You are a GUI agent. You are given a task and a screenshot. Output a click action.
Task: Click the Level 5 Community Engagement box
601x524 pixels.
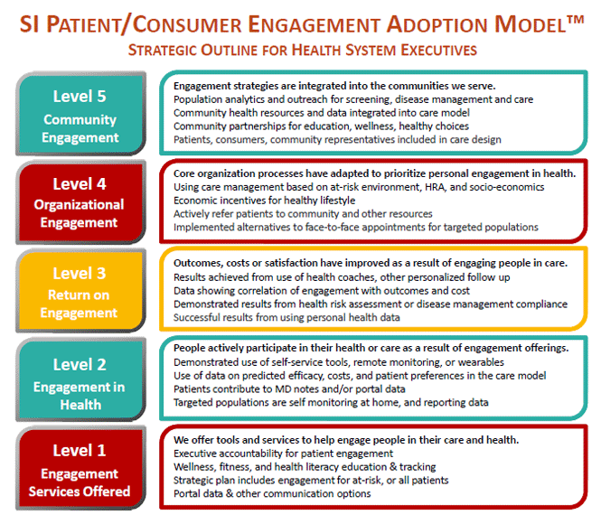[x=80, y=113]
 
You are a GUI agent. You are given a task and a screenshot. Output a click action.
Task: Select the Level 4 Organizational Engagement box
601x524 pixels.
[x=80, y=202]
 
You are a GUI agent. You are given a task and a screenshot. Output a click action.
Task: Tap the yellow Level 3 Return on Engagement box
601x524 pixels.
[x=80, y=291]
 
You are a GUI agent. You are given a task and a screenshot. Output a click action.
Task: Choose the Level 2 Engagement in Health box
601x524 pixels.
[x=80, y=379]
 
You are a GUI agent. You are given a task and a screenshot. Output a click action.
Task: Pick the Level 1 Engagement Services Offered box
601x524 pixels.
[x=80, y=468]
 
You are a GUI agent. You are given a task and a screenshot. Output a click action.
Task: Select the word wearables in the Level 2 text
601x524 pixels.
[x=481, y=362]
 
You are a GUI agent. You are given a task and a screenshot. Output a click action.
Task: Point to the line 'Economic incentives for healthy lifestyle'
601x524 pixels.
[x=265, y=201]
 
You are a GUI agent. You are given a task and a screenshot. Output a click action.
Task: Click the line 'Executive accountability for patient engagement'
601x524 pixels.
[x=283, y=454]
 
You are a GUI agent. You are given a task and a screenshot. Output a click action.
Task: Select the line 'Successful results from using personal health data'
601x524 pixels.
[x=286, y=317]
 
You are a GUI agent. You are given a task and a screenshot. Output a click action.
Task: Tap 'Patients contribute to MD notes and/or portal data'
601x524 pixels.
[x=289, y=389]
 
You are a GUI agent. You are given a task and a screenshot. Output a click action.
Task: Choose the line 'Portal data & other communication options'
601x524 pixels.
[x=272, y=494]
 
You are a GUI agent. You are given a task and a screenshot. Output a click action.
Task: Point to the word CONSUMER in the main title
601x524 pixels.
[x=187, y=24]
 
